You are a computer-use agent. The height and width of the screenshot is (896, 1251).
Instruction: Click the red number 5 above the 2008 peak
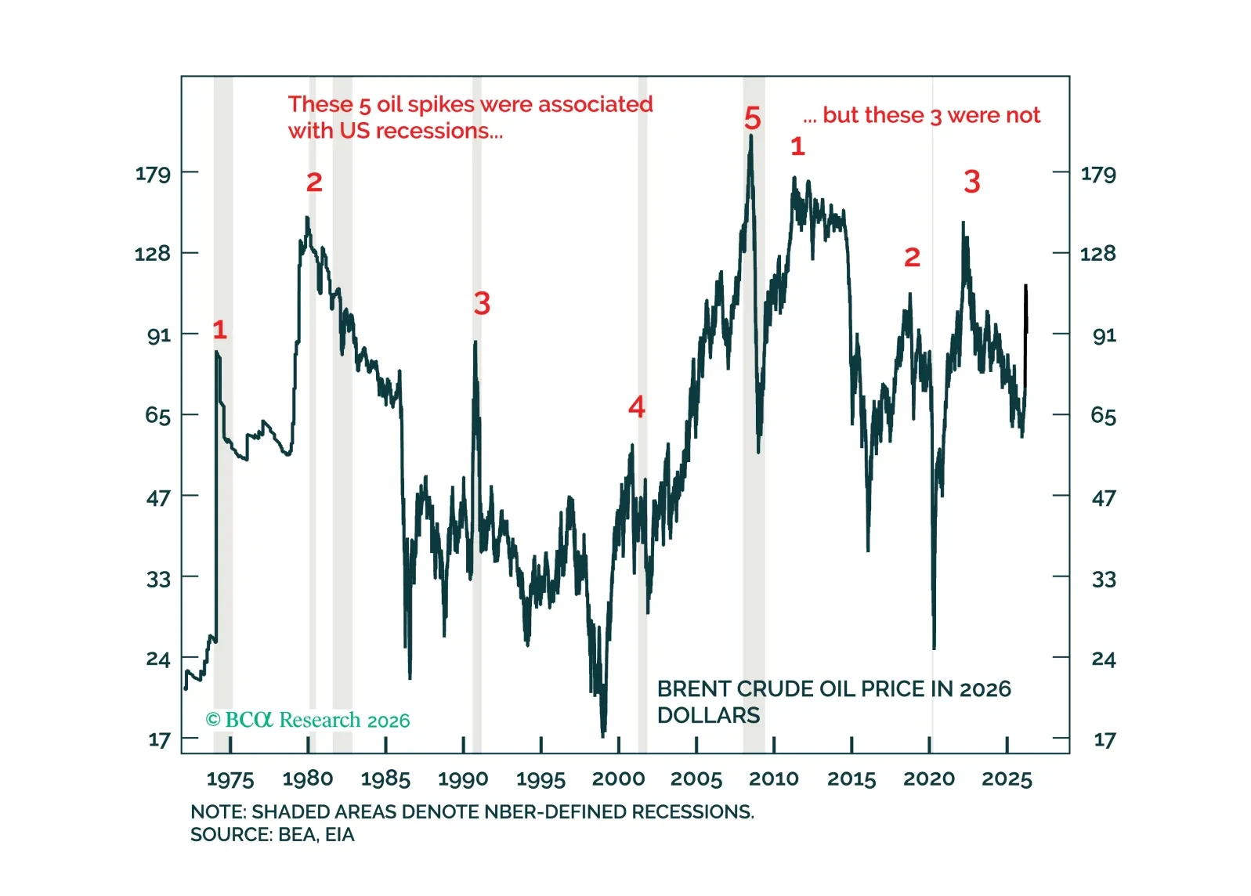(752, 119)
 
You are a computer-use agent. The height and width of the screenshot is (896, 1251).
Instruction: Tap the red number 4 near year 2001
(637, 406)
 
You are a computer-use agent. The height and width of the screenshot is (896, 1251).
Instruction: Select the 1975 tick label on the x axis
(230, 779)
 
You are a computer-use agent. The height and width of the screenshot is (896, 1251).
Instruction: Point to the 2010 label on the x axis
(773, 779)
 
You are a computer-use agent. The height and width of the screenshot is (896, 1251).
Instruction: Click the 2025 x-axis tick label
(1007, 779)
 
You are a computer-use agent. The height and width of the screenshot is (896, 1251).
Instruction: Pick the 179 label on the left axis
(153, 173)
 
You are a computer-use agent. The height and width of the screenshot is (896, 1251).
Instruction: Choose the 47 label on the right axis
(1104, 498)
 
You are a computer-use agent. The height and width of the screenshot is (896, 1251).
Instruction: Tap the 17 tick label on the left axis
(159, 740)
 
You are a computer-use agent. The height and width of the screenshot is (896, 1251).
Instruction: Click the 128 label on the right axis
(1097, 254)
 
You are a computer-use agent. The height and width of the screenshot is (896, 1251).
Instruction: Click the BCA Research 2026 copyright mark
(307, 720)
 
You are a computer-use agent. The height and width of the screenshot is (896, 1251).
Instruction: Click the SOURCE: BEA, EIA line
(272, 835)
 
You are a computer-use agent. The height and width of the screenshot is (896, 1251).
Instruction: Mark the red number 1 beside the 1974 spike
(219, 330)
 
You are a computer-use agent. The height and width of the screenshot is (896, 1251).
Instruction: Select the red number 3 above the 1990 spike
(482, 303)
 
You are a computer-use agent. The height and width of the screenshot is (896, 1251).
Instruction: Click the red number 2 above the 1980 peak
(314, 182)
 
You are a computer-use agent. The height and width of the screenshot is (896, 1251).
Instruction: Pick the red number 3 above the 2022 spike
(971, 182)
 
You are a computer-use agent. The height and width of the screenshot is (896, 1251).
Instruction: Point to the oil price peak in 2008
(750, 135)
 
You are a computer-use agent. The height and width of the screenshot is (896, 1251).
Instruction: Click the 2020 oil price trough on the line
(934, 648)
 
